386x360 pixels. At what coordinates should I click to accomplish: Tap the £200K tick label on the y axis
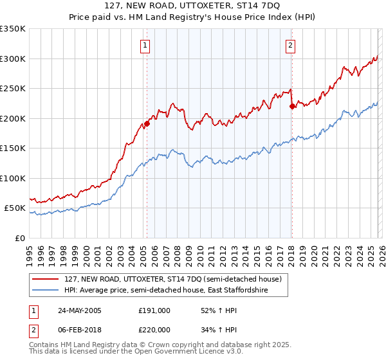coord(13,118)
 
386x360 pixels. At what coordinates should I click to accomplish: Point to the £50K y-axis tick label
coord(15,208)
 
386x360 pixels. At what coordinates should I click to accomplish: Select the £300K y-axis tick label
coord(13,59)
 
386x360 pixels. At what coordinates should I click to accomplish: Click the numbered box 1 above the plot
coord(146,45)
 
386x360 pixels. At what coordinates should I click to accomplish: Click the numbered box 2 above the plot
coord(291,45)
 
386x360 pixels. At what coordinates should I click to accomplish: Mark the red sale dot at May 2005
coord(147,123)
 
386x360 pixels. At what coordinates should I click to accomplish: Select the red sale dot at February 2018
coord(292,107)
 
